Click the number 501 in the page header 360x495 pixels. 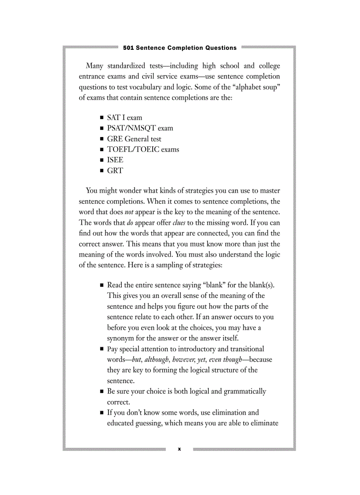(129, 48)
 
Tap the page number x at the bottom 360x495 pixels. (179, 449)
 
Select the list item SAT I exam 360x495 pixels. (124, 118)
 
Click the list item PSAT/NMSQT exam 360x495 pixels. (140, 128)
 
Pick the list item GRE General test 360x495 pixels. (134, 139)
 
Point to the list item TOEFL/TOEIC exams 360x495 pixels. (143, 149)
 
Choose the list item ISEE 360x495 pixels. (115, 160)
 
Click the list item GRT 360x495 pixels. (115, 171)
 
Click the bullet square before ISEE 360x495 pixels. (102, 160)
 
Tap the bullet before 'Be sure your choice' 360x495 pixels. (102, 391)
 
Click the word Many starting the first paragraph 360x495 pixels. (94, 66)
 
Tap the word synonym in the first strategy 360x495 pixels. (121, 338)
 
